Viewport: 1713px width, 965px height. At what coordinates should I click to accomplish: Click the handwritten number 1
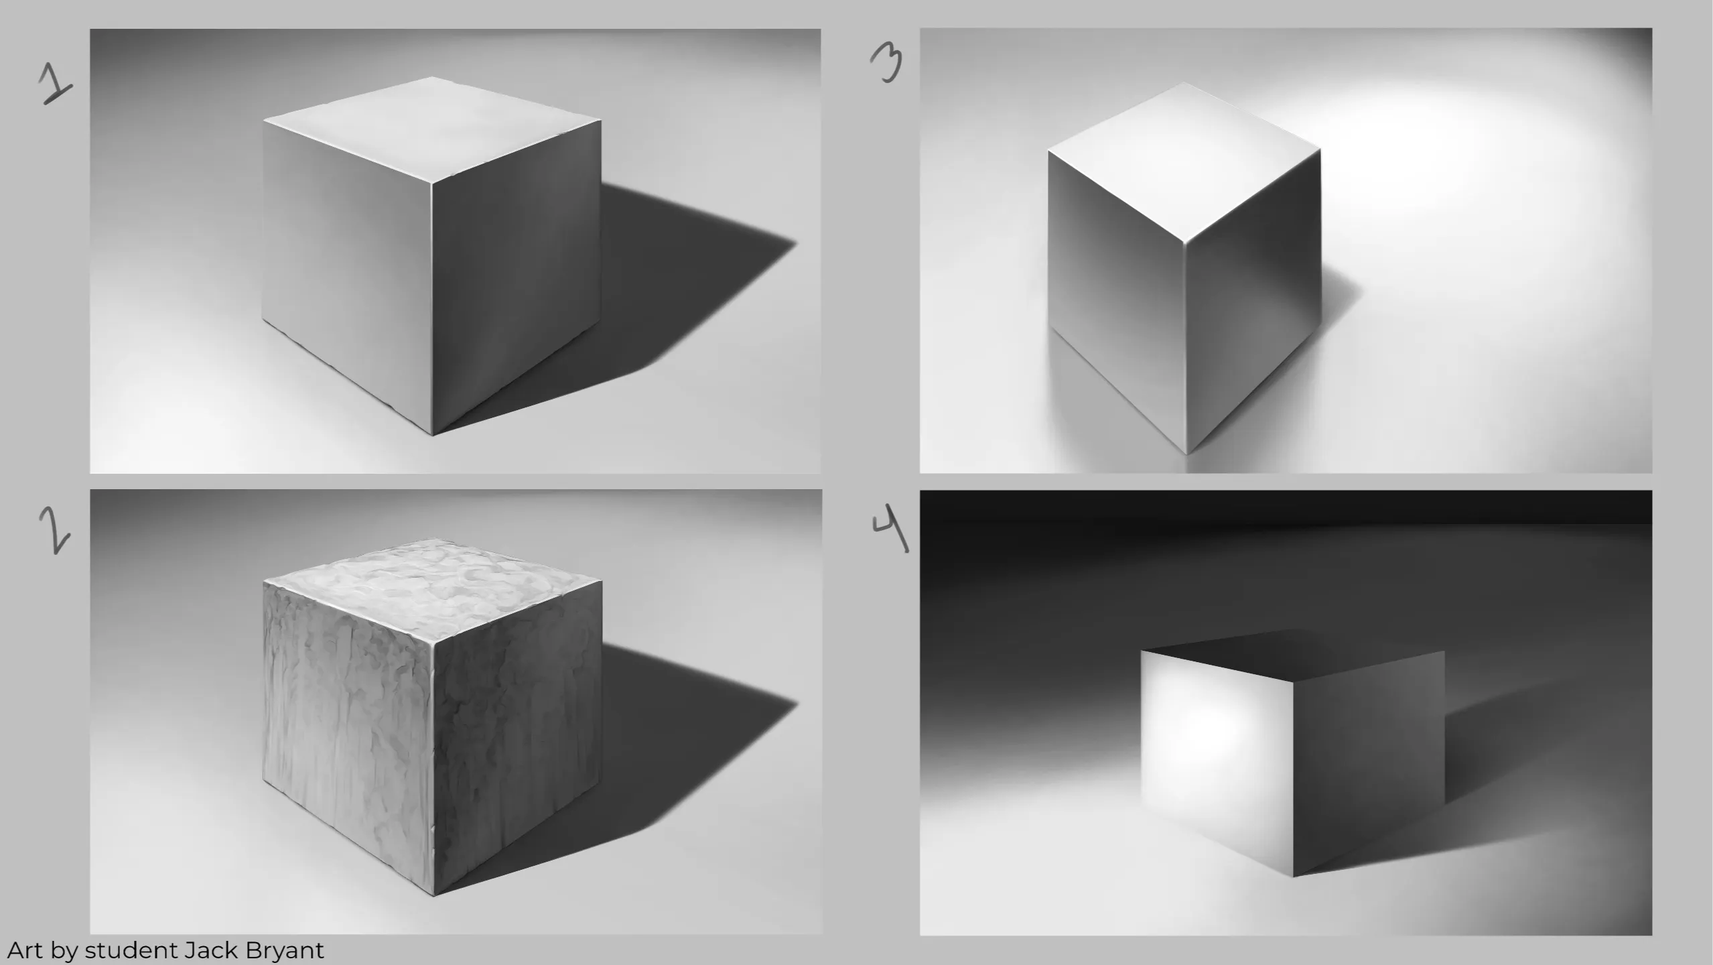[55, 83]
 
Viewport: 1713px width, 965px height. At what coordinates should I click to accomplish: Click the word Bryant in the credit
[285, 951]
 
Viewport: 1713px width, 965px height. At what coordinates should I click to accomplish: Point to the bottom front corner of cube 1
[433, 436]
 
